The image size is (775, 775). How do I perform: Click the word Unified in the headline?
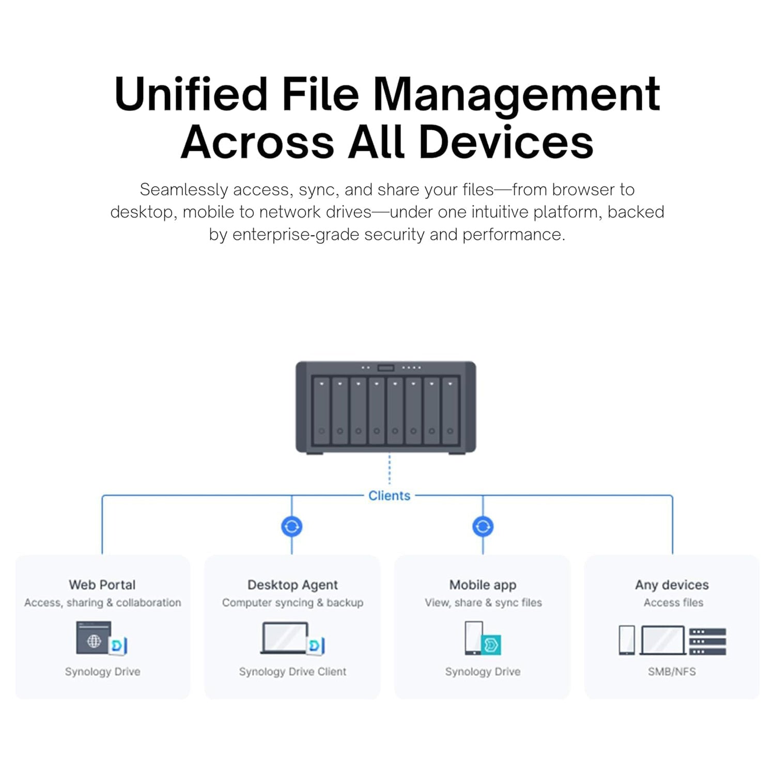[x=190, y=94]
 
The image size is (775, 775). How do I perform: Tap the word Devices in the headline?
[x=506, y=142]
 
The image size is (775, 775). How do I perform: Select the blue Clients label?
[x=389, y=495]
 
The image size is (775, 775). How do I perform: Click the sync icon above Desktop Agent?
[x=292, y=526]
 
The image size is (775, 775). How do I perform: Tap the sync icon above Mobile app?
[x=483, y=526]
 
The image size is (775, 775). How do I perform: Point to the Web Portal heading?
[x=102, y=585]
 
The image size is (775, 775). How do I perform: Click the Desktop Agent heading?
[x=292, y=585]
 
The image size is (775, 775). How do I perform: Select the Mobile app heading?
[x=483, y=585]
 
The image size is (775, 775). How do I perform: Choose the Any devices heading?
[x=672, y=585]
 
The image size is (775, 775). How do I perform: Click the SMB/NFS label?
[x=672, y=672]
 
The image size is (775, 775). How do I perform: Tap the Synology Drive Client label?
[x=292, y=672]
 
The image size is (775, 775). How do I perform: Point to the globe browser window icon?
[x=94, y=639]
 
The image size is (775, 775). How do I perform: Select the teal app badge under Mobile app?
[x=491, y=645]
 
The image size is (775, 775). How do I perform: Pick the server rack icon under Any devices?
[x=708, y=641]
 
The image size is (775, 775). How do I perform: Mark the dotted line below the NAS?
[x=390, y=470]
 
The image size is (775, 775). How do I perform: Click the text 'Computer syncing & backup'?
[x=292, y=602]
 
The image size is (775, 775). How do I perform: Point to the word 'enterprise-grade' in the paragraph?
[x=296, y=235]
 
